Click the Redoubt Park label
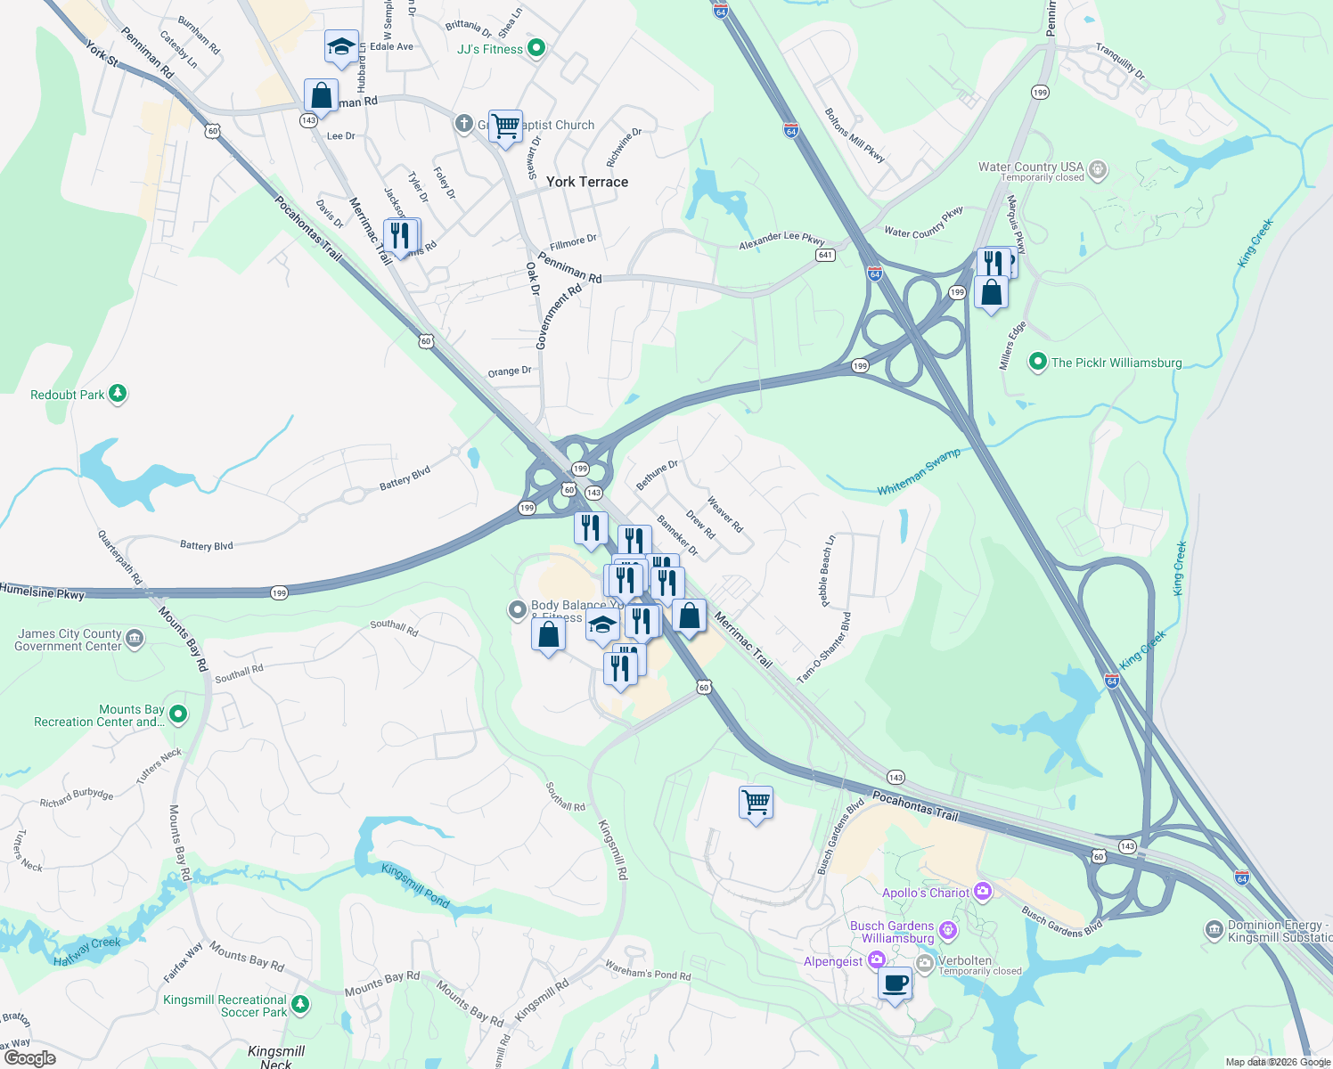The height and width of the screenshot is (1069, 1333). (x=68, y=395)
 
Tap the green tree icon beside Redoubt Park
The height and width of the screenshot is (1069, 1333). (x=118, y=394)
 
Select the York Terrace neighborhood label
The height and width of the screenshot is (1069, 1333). (x=586, y=182)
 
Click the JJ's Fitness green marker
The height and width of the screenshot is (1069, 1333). (x=536, y=48)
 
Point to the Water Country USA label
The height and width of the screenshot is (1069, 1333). (x=1031, y=167)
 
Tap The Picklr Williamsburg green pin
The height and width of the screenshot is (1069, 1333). (x=1037, y=363)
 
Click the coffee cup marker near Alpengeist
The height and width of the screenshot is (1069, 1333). (x=895, y=984)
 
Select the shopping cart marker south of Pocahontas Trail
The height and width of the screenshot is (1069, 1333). (x=756, y=803)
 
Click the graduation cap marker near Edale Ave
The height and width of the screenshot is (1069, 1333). (x=341, y=47)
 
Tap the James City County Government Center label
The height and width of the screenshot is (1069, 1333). (x=69, y=640)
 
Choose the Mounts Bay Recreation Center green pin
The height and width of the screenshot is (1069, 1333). (x=178, y=714)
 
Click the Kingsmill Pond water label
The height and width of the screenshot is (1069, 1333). (x=415, y=885)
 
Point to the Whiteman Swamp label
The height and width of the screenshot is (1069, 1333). (x=919, y=472)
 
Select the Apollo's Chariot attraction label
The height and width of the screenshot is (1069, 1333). (x=925, y=893)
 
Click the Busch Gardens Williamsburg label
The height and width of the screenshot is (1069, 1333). (x=892, y=932)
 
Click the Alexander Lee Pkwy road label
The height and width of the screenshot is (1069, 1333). (x=781, y=239)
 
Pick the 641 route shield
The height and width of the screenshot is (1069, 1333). (x=825, y=255)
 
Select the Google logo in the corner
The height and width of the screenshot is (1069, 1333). (x=29, y=1057)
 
